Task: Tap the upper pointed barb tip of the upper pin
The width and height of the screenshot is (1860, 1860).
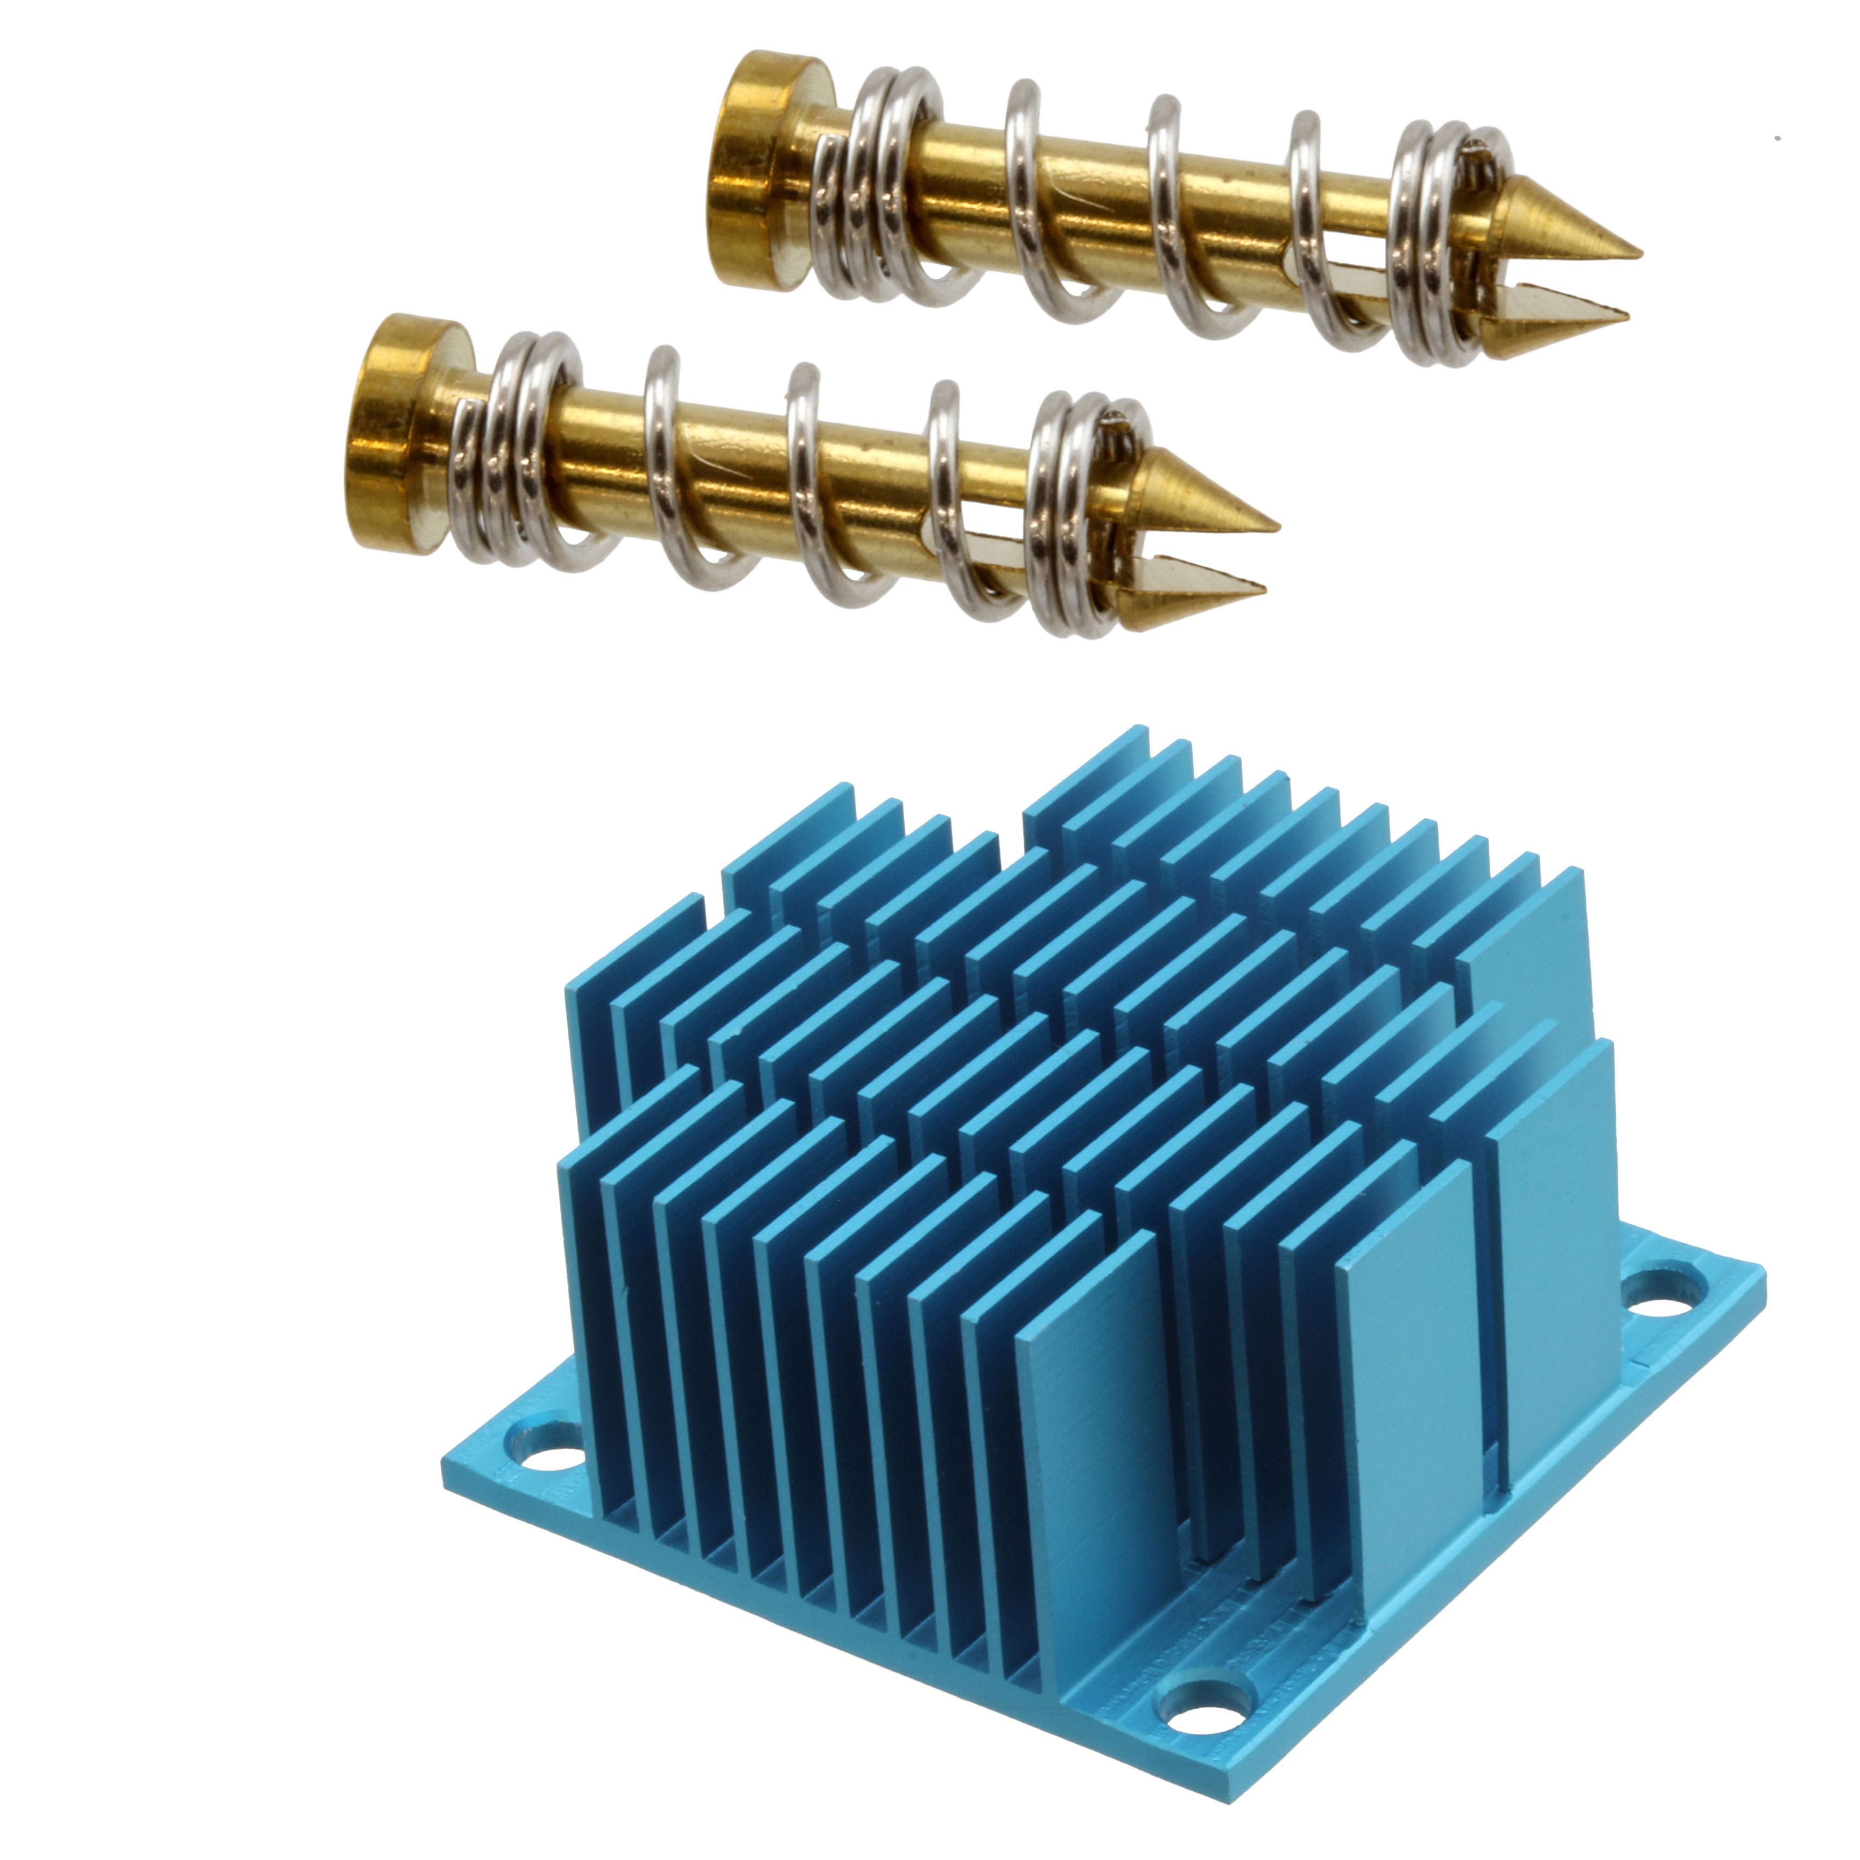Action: tap(1637, 252)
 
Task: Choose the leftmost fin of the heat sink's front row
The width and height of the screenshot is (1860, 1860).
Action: tap(577, 1309)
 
